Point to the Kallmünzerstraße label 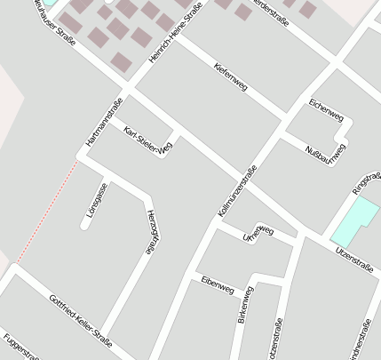coord(237,192)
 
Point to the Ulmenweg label coord(258,235)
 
